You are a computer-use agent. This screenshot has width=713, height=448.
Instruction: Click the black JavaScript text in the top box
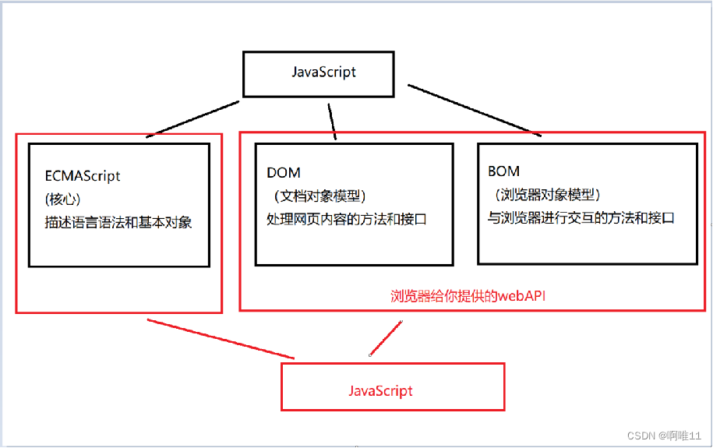(x=323, y=72)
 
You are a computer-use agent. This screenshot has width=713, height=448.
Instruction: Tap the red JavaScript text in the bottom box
(x=380, y=390)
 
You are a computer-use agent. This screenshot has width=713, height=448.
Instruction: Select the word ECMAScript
(x=82, y=176)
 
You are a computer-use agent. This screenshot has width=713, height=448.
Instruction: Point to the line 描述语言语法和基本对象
(x=117, y=222)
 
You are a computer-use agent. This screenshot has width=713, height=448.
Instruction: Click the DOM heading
(x=283, y=172)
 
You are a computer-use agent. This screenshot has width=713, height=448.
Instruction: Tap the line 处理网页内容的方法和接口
(x=346, y=219)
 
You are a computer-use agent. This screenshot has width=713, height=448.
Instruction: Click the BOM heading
(x=503, y=171)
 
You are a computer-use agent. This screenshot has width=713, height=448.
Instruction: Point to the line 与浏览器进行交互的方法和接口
(x=581, y=218)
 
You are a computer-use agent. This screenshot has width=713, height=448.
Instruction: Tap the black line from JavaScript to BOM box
(x=474, y=110)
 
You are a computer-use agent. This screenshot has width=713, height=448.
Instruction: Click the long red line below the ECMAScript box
(x=221, y=339)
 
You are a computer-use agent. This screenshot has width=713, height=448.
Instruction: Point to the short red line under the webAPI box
(x=386, y=338)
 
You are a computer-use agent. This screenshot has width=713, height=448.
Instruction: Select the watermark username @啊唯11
(x=678, y=435)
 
